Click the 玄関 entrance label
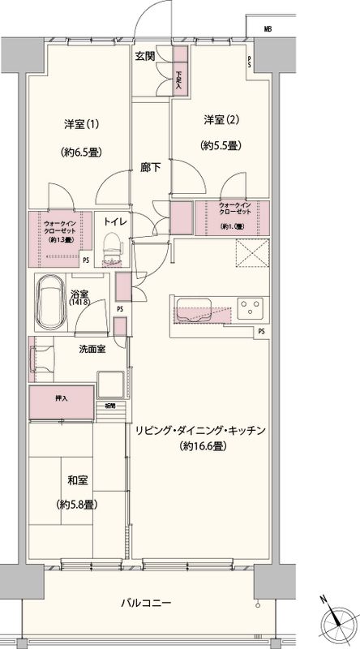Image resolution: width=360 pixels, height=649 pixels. pos(146,56)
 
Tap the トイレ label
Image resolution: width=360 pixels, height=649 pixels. pos(113,219)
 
